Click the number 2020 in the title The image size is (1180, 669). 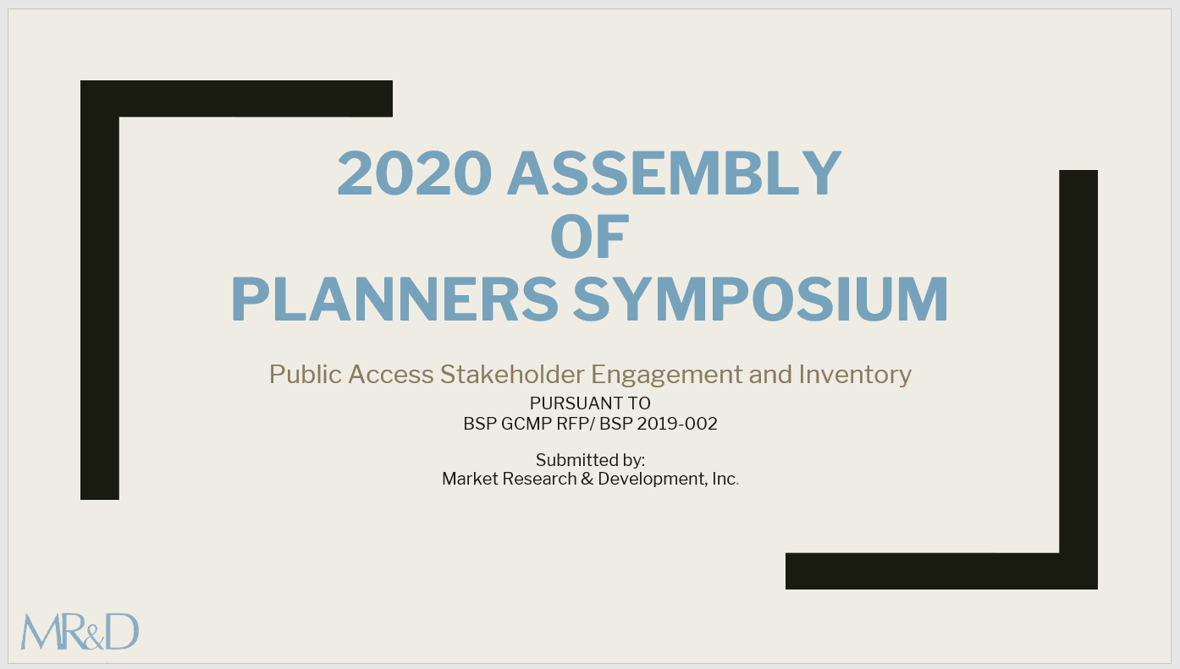(414, 173)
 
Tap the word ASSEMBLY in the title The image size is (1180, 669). (675, 173)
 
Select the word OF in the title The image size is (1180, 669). (589, 236)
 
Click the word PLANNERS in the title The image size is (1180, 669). (394, 299)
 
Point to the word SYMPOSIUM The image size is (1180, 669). (760, 299)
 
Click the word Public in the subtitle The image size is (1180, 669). (306, 374)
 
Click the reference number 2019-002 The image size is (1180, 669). (677, 424)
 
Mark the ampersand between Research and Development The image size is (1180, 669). (587, 479)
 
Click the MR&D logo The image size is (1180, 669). (80, 631)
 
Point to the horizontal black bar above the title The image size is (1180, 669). (236, 98)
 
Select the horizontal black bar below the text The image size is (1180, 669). (941, 571)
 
